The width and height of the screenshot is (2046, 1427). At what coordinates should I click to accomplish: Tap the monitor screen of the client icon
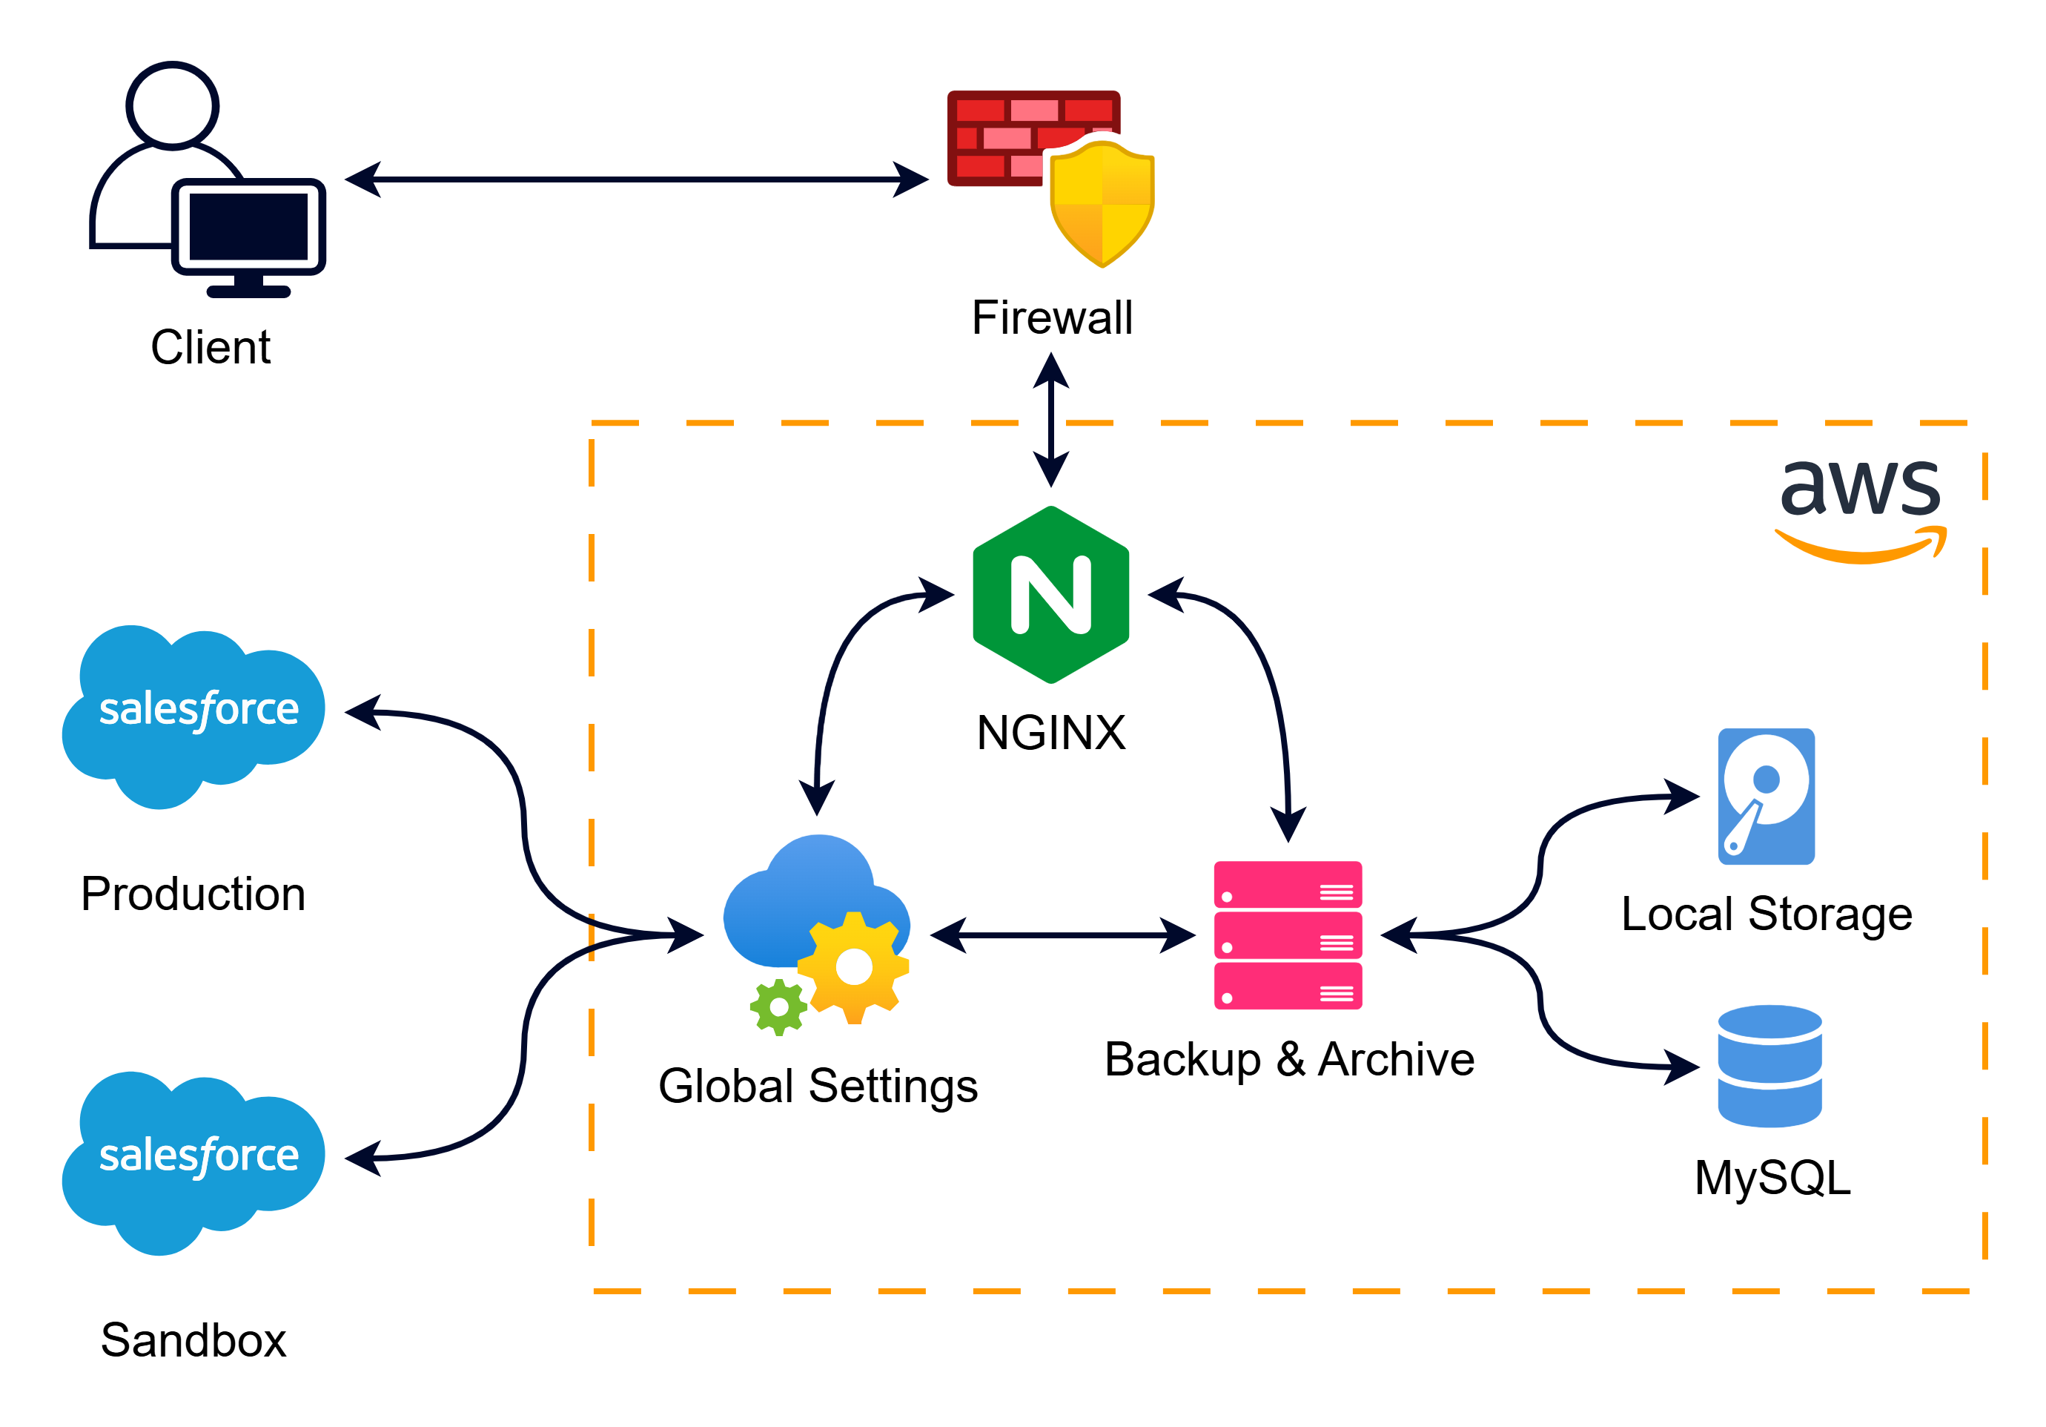pos(248,226)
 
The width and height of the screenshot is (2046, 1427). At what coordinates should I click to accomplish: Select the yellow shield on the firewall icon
pos(1102,204)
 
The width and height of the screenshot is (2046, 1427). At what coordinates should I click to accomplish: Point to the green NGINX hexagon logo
pos(1051,595)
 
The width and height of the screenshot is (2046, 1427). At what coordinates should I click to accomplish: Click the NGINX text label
pos(1051,733)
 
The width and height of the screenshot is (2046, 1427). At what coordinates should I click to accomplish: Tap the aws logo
pos(1861,508)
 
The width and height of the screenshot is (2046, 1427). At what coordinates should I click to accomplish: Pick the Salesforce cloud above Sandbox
pos(194,1161)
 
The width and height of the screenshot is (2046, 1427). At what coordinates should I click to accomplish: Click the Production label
pos(193,894)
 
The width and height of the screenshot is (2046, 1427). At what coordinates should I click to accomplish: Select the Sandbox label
pos(193,1339)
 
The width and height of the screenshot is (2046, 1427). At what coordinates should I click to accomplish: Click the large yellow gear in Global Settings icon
pos(854,967)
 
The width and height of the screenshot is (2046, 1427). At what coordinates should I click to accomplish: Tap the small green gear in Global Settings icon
pos(779,1007)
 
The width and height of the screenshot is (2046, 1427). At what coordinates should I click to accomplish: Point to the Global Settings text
pos(818,1086)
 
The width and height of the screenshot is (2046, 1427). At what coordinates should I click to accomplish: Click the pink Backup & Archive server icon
pos(1288,935)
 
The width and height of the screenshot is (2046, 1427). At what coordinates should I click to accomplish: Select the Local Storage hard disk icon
pos(1767,796)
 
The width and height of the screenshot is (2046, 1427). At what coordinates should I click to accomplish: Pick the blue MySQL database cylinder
pos(1769,1066)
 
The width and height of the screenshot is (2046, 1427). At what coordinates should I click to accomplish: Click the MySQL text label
pos(1772,1178)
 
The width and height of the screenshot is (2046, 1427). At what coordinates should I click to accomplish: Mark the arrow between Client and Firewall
pos(636,179)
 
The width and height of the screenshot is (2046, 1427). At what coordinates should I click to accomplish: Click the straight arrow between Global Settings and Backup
pos(1062,935)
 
